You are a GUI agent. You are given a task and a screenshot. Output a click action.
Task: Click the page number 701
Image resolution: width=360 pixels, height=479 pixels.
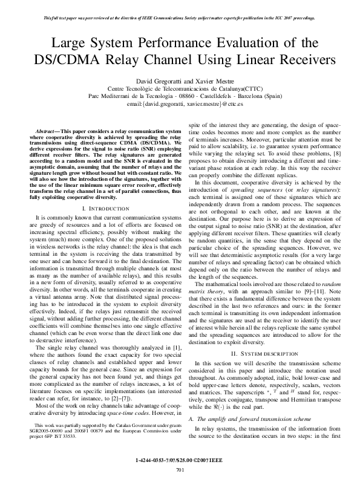pyautogui.click(x=180, y=470)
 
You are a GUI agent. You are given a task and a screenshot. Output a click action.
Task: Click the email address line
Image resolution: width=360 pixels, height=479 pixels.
pyautogui.click(x=180, y=105)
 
